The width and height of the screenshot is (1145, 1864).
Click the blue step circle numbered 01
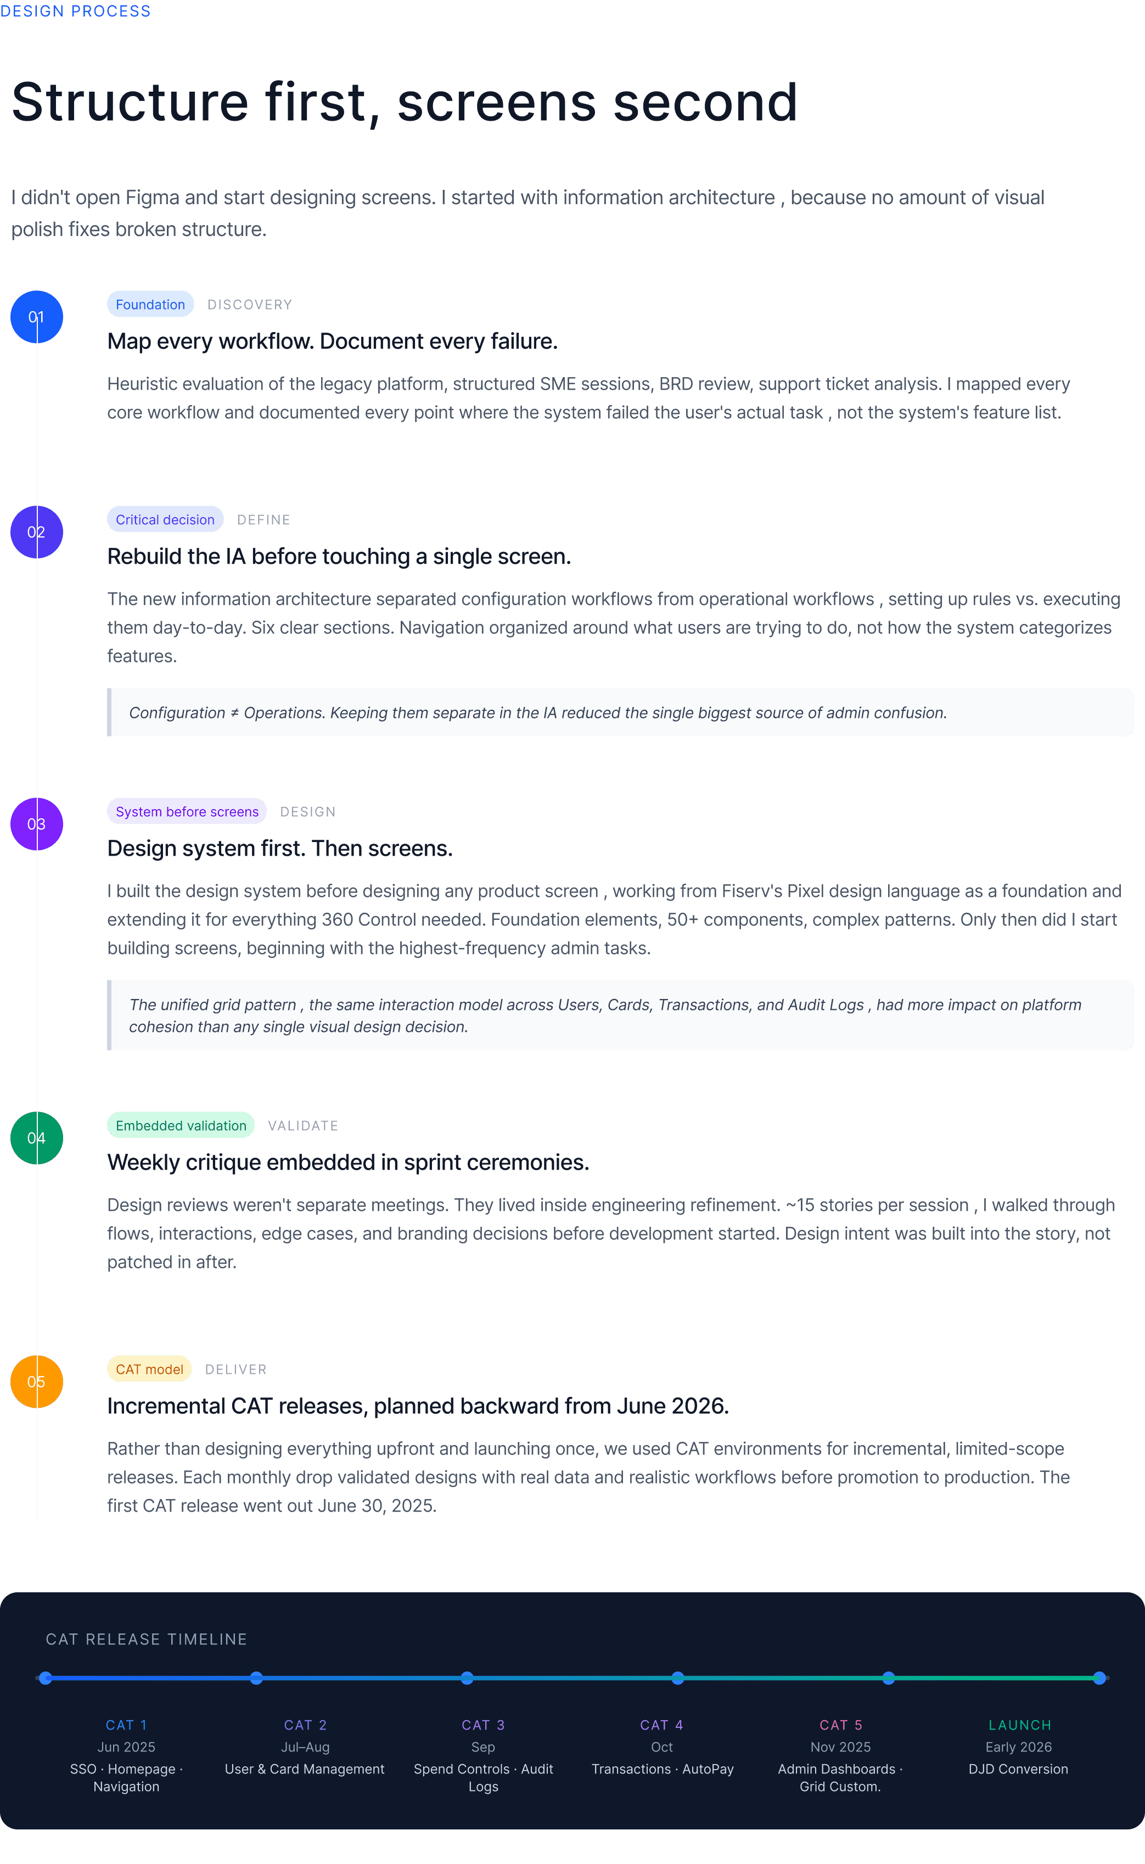pos(36,317)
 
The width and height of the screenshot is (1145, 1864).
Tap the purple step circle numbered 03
pos(36,824)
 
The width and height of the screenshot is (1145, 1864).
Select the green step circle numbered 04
pos(36,1138)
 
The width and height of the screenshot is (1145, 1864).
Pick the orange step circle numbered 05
pos(36,1382)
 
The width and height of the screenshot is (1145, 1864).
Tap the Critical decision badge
pos(165,519)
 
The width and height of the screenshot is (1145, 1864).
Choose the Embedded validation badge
pos(181,1126)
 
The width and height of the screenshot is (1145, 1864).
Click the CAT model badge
pos(149,1369)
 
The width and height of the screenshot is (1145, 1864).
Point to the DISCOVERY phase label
pos(250,305)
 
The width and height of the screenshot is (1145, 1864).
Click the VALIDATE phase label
pos(303,1126)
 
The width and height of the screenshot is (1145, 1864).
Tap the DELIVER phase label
pos(235,1369)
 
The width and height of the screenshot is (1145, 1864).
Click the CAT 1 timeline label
pos(126,1725)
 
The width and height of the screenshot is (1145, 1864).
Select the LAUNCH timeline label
pos(1019,1725)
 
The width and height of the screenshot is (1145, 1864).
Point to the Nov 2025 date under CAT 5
pos(840,1747)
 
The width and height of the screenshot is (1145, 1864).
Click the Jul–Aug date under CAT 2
pos(305,1747)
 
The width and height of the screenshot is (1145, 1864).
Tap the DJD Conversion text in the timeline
pos(1019,1768)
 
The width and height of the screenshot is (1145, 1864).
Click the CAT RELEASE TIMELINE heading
pos(146,1639)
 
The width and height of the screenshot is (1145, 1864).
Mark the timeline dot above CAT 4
pos(678,1678)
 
